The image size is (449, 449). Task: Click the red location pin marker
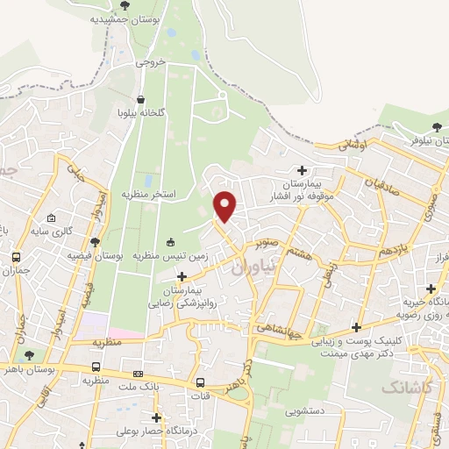pyautogui.click(x=226, y=206)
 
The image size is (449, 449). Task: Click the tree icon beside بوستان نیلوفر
pyautogui.click(x=436, y=127)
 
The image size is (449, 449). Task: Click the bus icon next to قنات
pyautogui.click(x=201, y=382)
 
